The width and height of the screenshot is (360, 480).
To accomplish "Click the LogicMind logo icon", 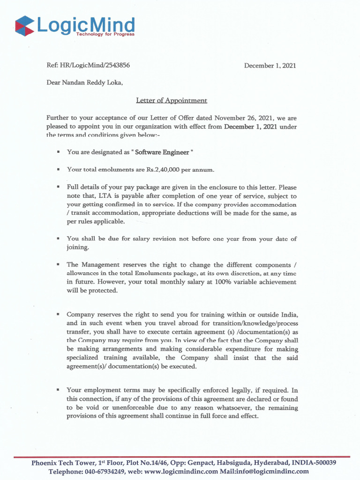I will pyautogui.click(x=24, y=26).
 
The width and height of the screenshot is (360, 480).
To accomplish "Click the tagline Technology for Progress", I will pyautogui.click(x=108, y=34).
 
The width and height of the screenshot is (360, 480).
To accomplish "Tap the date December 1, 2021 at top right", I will pyautogui.click(x=270, y=66).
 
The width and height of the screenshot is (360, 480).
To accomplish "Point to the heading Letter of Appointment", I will pyautogui.click(x=172, y=100).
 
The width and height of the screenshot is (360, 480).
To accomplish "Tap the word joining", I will pyautogui.click(x=77, y=247).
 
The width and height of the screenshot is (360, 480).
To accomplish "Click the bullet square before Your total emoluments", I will pyautogui.click(x=58, y=169).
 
